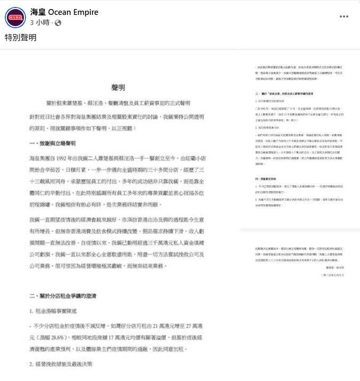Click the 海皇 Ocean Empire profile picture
(x=15, y=18)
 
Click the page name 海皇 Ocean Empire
(x=64, y=12)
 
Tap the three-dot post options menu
(x=344, y=16)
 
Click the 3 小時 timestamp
(x=40, y=23)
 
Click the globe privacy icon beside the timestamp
(x=58, y=23)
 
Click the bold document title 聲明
(x=118, y=87)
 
